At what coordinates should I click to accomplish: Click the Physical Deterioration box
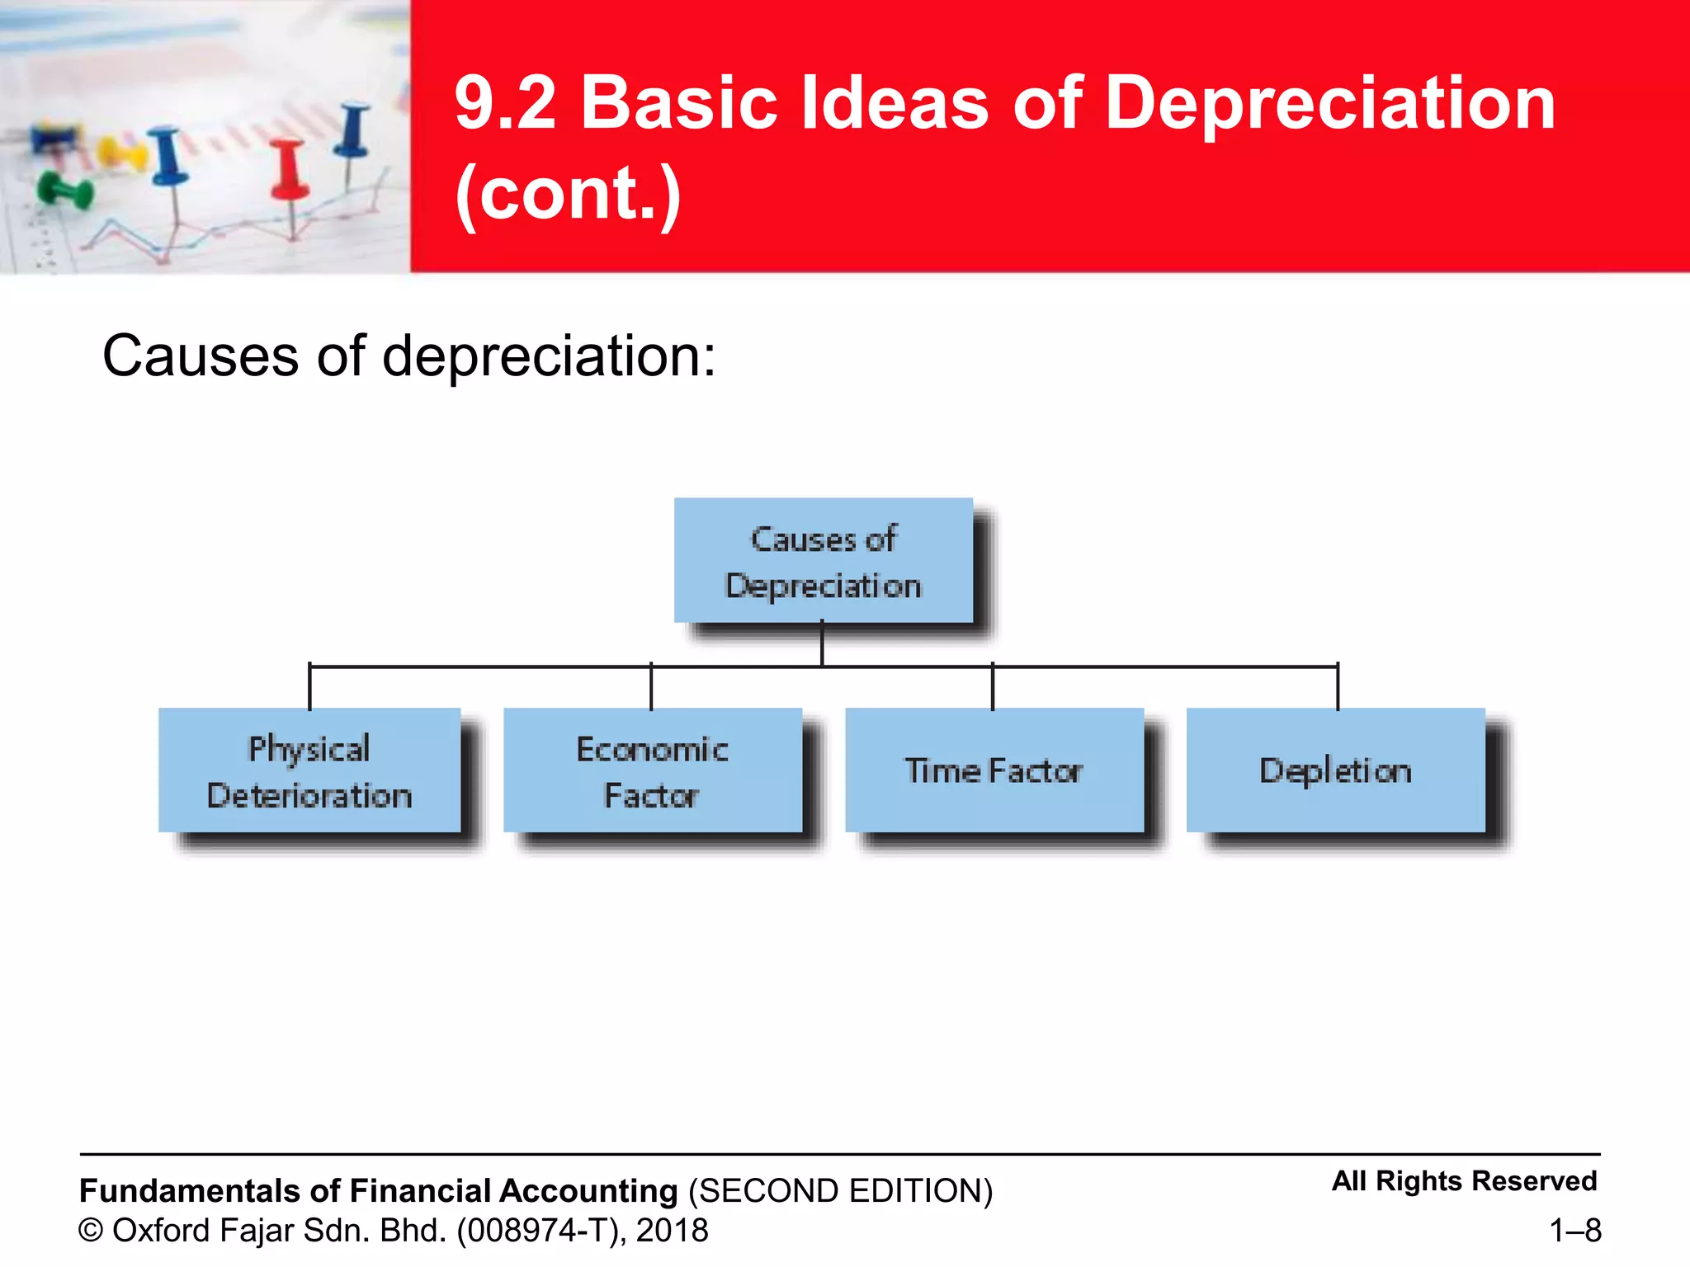tap(309, 770)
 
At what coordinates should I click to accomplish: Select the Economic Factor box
tap(652, 770)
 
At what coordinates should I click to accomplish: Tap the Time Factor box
tap(994, 770)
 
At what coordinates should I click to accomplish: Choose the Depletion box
tap(1335, 770)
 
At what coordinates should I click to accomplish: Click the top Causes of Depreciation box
tap(823, 560)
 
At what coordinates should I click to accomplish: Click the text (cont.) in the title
tap(568, 193)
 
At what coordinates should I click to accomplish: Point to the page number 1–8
tap(1574, 1231)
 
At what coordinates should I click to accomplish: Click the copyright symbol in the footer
tap(91, 1231)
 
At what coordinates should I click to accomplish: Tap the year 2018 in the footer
tap(672, 1231)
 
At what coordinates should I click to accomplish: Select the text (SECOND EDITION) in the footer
tap(840, 1191)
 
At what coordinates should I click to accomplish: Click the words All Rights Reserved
tap(1464, 1181)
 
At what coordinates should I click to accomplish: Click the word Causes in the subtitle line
tap(201, 356)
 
